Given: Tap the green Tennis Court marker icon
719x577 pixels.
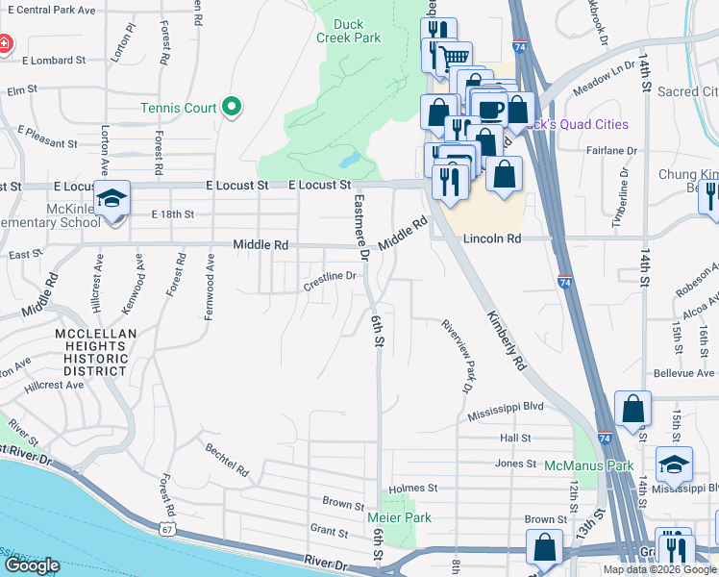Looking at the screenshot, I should click(232, 108).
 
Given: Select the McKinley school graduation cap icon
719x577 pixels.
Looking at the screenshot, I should click(113, 199).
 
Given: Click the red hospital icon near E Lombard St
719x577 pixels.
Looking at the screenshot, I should click(4, 44).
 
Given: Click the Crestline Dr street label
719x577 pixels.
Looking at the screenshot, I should click(331, 277).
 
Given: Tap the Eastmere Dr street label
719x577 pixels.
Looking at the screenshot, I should click(360, 228).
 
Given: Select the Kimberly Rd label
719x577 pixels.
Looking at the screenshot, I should click(507, 340).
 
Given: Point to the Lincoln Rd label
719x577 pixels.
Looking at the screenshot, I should click(491, 238).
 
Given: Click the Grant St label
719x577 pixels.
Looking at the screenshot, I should click(329, 529).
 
